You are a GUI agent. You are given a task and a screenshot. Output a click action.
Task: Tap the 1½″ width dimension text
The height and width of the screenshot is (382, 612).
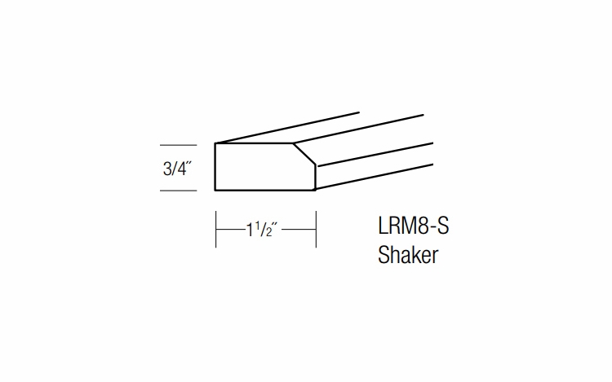(x=264, y=229)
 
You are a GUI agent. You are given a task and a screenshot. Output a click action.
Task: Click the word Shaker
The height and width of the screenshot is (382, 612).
(x=408, y=255)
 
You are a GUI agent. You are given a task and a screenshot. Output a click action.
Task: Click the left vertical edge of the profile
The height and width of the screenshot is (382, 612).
(x=215, y=167)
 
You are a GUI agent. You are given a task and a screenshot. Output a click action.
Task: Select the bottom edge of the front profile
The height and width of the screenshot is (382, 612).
(x=265, y=190)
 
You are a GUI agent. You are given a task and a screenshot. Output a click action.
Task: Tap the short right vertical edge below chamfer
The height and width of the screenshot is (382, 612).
(x=316, y=177)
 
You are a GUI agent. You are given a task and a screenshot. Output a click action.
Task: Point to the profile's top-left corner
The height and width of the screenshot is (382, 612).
(x=215, y=143)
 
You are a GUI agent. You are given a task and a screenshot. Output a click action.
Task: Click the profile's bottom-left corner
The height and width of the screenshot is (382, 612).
(x=215, y=190)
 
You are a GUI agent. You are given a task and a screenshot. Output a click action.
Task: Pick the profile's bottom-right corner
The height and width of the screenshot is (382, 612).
(x=316, y=190)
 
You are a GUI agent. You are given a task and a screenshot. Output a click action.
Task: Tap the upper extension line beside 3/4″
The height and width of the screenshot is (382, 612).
(x=178, y=144)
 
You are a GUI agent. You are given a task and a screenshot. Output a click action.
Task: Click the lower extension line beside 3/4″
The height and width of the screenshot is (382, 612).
(x=178, y=191)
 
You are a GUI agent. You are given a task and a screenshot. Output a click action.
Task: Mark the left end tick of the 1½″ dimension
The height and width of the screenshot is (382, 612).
(x=215, y=229)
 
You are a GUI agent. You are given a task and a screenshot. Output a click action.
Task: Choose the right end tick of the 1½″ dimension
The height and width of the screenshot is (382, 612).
(x=316, y=229)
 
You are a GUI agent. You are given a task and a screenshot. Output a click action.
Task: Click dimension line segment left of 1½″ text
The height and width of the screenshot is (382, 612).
(x=230, y=229)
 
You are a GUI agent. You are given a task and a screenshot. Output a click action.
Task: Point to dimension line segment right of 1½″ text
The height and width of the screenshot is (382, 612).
(x=299, y=229)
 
